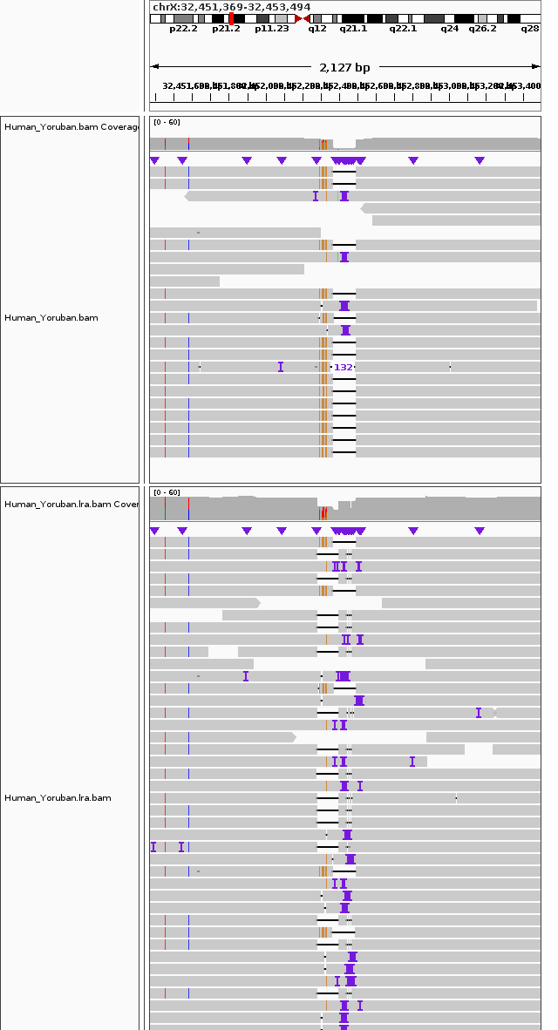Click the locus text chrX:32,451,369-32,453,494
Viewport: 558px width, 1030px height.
pos(231,7)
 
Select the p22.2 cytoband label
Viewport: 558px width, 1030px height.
pos(183,29)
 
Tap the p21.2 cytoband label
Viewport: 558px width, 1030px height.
pos(226,29)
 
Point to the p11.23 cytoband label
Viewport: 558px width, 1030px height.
pos(271,29)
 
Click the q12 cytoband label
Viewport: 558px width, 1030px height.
pos(317,29)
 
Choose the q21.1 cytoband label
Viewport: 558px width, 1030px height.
pos(353,29)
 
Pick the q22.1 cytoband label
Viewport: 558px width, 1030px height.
pos(403,29)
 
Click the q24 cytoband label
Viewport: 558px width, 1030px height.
pos(449,29)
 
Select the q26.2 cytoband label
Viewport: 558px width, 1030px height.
pos(482,29)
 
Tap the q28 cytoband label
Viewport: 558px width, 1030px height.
pos(530,29)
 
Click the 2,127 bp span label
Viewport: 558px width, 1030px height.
pos(344,67)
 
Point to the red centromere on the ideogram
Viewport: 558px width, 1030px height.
pos(303,18)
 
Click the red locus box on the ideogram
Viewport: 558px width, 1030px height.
pos(231,18)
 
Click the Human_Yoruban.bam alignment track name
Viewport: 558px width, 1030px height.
pos(51,318)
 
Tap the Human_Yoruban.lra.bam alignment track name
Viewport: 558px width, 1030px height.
pos(58,798)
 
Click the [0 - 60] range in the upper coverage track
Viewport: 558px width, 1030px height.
pos(167,122)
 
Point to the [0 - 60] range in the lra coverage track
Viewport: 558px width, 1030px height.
pos(167,493)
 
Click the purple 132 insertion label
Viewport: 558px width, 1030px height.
pos(344,368)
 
